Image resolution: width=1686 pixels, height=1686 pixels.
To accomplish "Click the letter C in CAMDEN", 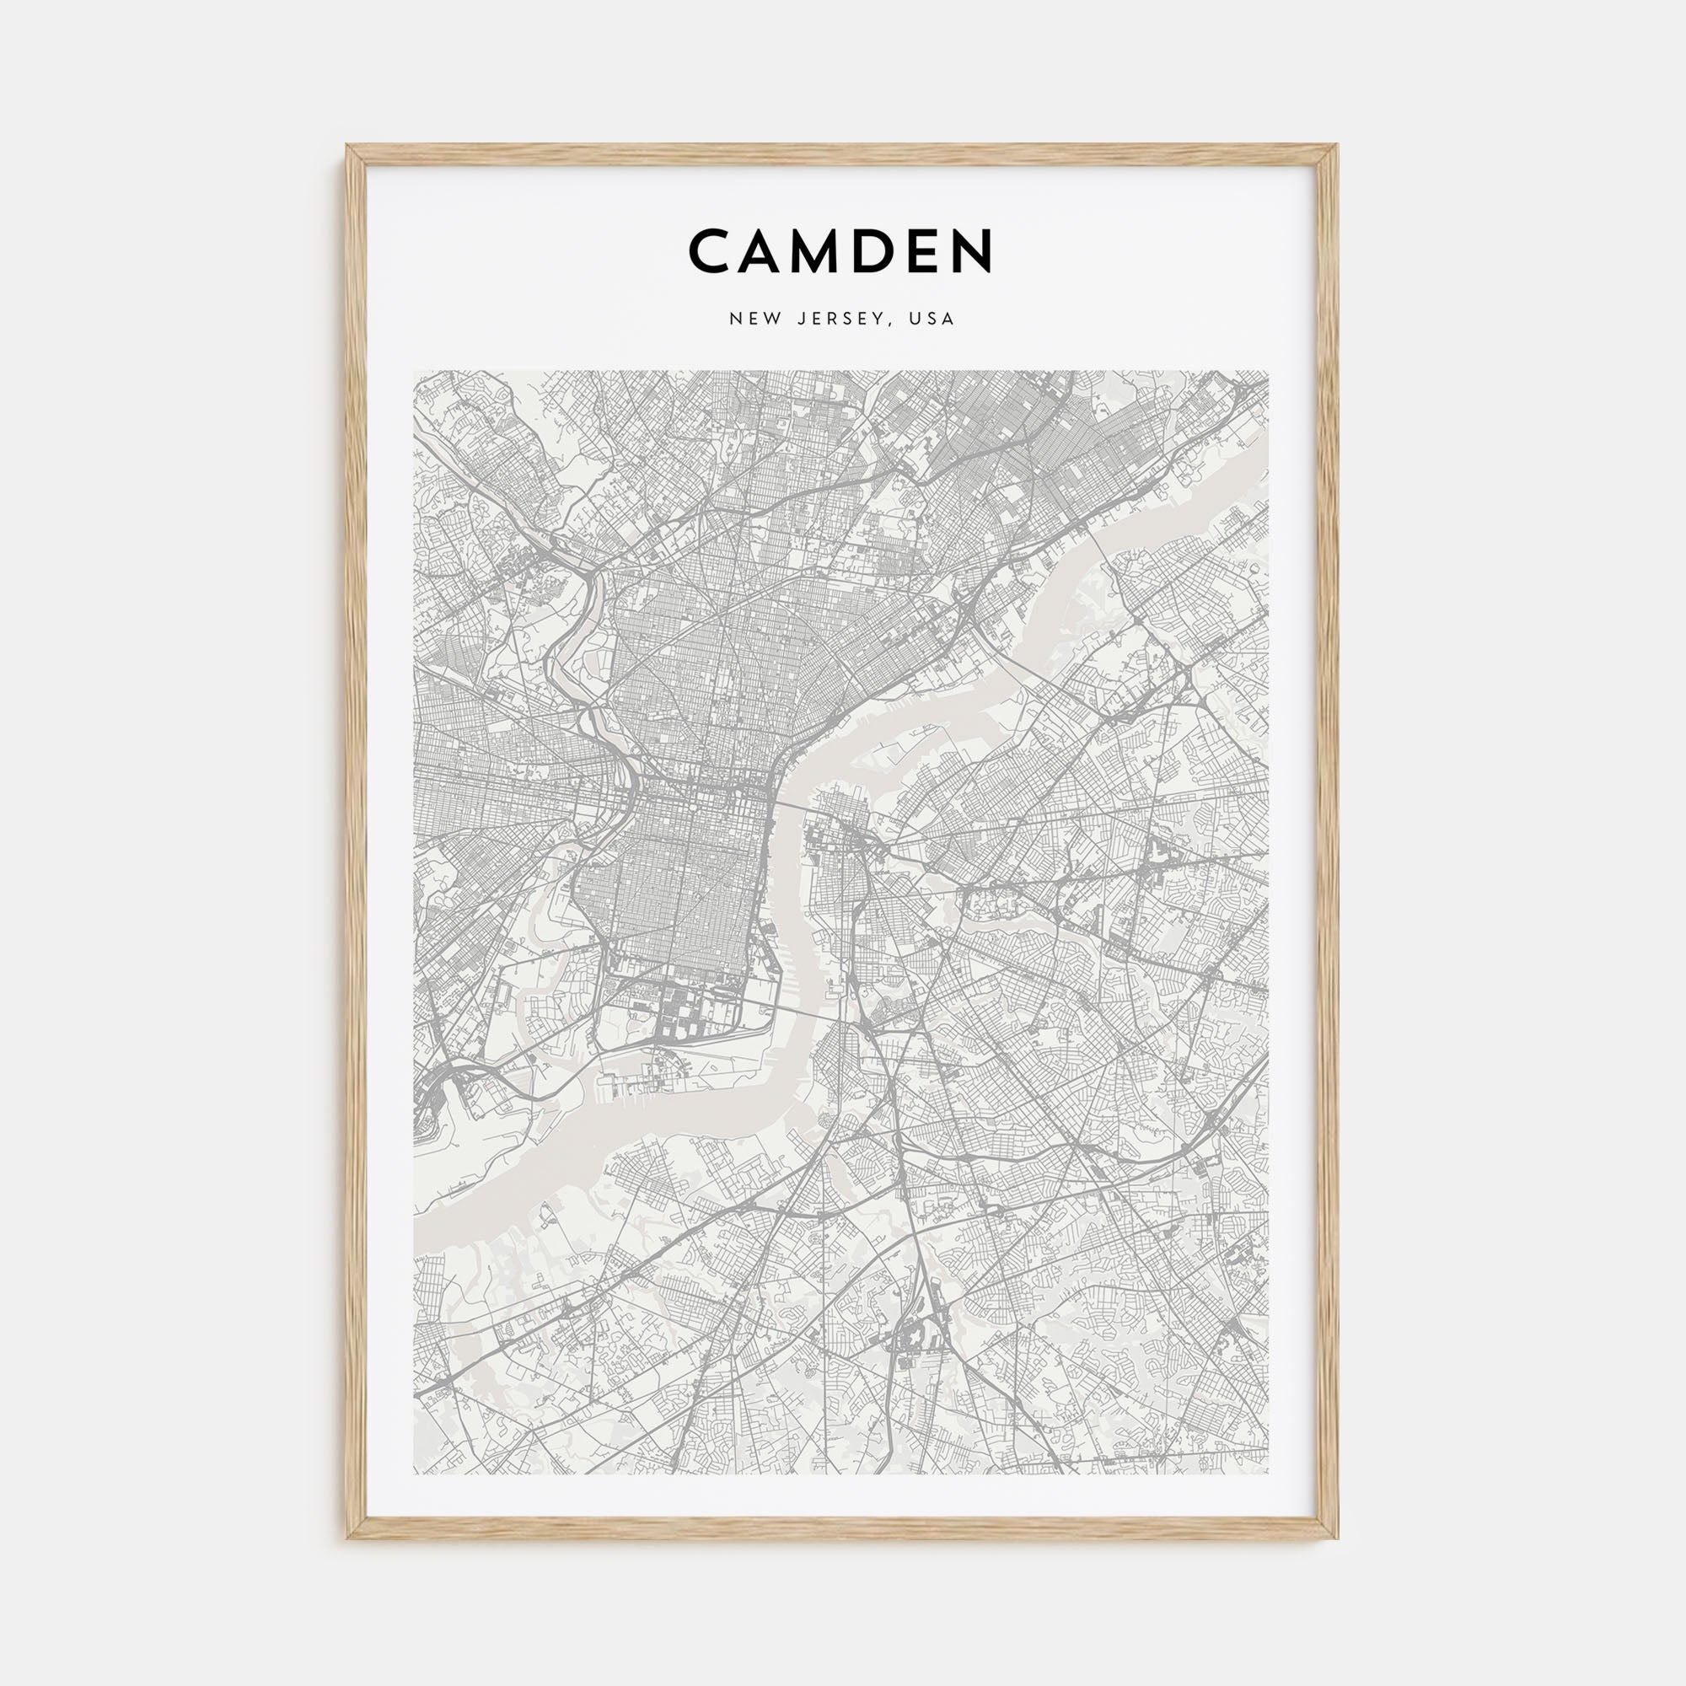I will coord(715,250).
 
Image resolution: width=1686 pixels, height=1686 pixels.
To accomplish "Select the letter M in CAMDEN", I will coord(837,250).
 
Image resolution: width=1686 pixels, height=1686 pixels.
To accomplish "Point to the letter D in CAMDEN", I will coord(897,250).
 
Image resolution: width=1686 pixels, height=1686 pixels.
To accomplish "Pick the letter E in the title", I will coord(941,250).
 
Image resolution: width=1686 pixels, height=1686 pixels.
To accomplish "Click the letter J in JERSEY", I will coord(801,319).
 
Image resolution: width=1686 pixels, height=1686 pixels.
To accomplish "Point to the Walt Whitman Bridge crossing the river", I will coord(798,1010).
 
